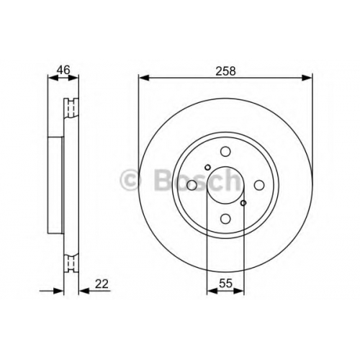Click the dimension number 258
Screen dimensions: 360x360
pos(225,71)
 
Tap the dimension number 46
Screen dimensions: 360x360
pos(63,70)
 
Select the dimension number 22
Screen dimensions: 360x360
pos(102,284)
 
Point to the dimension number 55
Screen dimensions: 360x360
pos(225,284)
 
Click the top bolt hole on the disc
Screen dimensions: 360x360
pos(225,152)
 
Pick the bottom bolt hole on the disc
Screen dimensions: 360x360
pos(225,218)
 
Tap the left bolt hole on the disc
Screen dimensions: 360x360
pos(192,185)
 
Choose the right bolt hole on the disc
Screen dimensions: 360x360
pos(259,185)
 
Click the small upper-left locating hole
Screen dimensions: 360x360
pos(207,167)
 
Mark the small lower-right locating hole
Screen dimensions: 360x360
pos(243,203)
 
